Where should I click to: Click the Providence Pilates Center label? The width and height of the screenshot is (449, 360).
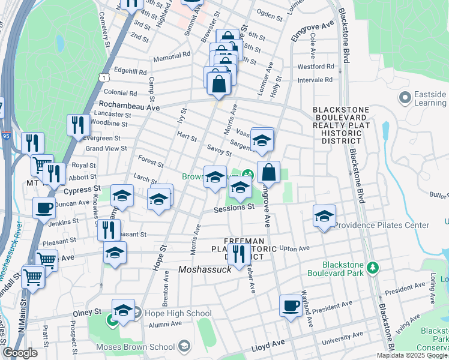click(x=382, y=226)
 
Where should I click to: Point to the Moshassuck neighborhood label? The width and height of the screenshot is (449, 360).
click(x=205, y=270)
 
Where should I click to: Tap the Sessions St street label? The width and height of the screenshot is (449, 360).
click(x=234, y=208)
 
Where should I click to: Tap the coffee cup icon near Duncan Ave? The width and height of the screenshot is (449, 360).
click(x=44, y=208)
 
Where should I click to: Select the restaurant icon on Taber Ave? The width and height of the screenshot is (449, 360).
click(x=240, y=254)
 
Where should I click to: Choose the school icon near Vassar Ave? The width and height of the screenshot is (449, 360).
click(x=262, y=140)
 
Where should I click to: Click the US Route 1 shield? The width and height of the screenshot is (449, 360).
click(x=105, y=79)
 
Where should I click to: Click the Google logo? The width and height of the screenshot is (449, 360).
click(x=20, y=353)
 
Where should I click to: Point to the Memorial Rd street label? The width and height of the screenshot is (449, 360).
click(x=171, y=56)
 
